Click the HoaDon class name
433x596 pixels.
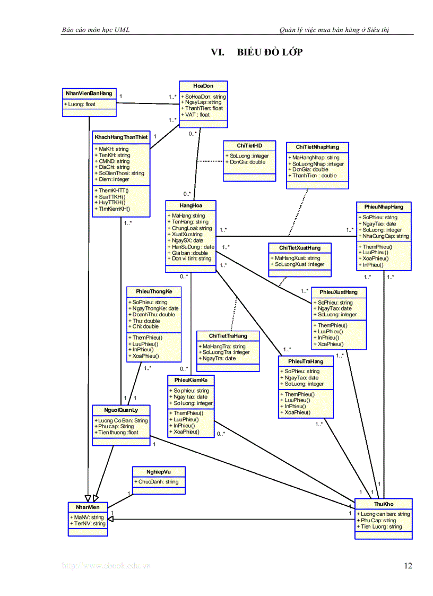[x=203, y=85]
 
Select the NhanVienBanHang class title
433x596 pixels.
[x=89, y=93]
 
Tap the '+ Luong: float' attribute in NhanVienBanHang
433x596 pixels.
[x=80, y=104]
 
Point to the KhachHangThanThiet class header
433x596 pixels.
[x=121, y=137]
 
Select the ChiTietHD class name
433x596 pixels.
[x=249, y=145]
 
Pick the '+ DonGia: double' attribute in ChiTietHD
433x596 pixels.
[x=247, y=162]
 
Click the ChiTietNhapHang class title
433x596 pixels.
[x=317, y=146]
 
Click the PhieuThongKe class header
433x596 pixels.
[x=153, y=291]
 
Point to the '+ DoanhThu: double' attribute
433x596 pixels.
[x=153, y=314]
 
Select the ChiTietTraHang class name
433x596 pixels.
[x=228, y=335]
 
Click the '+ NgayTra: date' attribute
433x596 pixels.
[x=219, y=358]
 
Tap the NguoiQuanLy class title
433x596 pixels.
[x=121, y=409]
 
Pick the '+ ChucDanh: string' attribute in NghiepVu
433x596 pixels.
[x=158, y=482]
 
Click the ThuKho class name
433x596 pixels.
[x=383, y=504]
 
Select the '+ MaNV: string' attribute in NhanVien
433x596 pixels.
[x=88, y=517]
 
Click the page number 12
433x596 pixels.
[x=408, y=566]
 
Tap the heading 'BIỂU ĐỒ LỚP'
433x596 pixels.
[x=270, y=52]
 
